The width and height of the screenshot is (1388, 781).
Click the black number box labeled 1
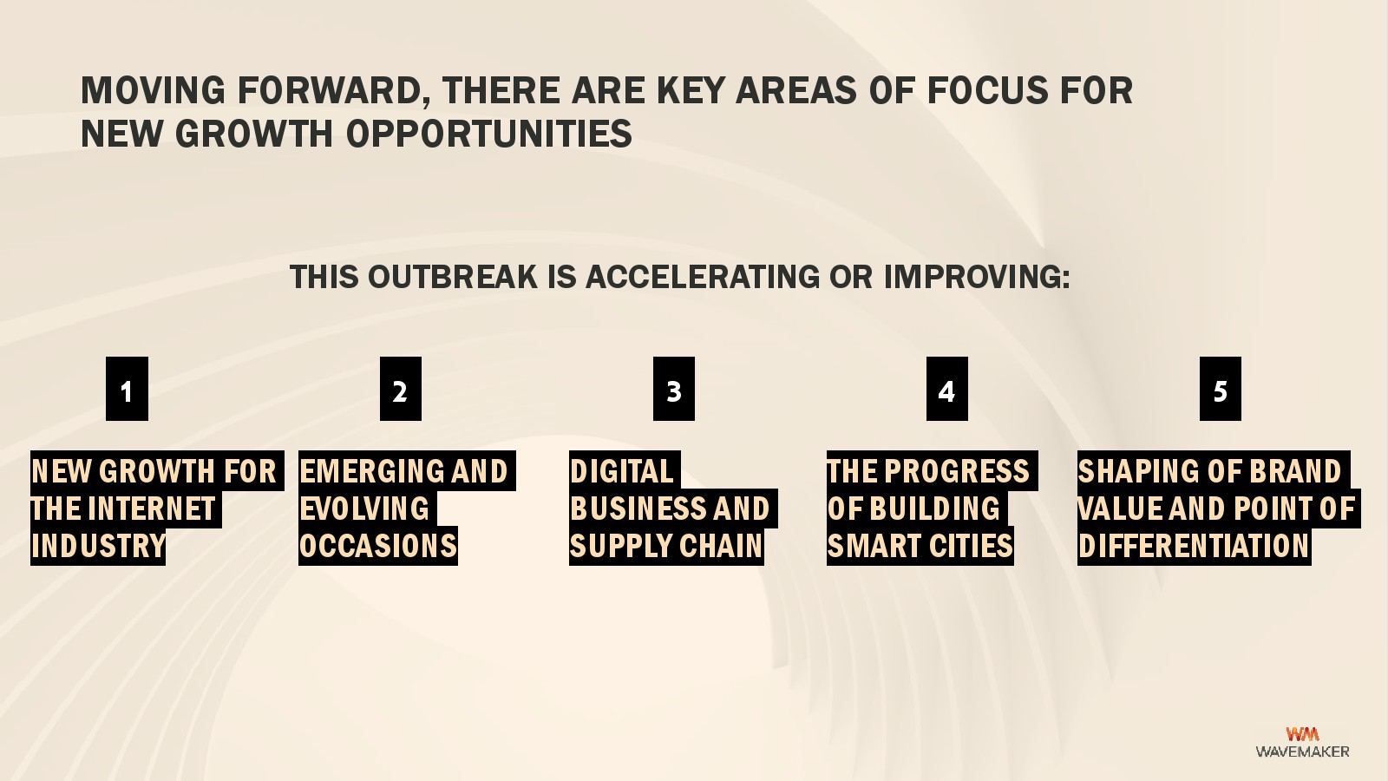(x=127, y=389)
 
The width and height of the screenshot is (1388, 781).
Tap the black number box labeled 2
(x=400, y=389)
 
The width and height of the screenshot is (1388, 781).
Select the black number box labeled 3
(x=673, y=389)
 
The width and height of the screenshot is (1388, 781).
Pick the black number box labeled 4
(x=946, y=389)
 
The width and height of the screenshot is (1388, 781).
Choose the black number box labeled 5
(x=1220, y=389)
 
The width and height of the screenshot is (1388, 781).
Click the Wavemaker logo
(x=1302, y=743)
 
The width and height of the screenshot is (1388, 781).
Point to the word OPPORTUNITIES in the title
(x=489, y=134)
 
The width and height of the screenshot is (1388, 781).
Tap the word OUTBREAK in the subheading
(x=452, y=277)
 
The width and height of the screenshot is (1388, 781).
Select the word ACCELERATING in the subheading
(x=703, y=277)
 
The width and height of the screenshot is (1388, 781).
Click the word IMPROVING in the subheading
(x=977, y=277)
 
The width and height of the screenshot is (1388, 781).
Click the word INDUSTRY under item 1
(x=98, y=546)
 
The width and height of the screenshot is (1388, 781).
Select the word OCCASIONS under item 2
(x=378, y=546)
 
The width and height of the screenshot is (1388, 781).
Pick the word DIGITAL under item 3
(x=621, y=471)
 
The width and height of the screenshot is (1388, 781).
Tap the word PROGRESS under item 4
(x=957, y=471)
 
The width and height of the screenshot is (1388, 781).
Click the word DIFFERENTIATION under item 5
(x=1194, y=546)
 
